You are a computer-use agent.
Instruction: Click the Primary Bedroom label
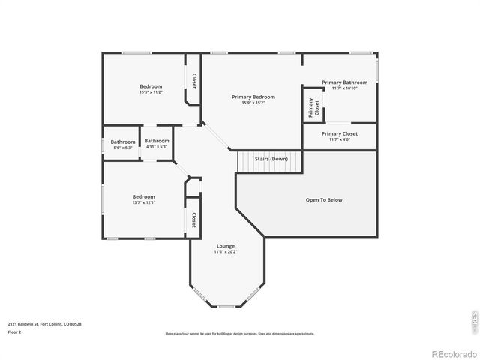(253, 97)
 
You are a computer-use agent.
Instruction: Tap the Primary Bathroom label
(344, 82)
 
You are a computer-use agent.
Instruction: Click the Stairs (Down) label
(271, 159)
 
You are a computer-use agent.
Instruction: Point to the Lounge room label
(226, 246)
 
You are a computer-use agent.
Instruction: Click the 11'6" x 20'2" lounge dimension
(226, 252)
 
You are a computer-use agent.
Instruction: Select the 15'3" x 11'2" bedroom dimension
(150, 92)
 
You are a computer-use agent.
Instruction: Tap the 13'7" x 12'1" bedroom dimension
(144, 202)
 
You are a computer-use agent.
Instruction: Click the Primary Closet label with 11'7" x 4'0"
(340, 133)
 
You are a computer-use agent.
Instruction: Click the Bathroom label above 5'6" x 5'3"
(123, 142)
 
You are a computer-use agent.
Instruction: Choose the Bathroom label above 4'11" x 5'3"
(157, 141)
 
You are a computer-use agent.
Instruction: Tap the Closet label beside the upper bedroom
(193, 80)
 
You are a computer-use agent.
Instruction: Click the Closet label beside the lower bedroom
(193, 220)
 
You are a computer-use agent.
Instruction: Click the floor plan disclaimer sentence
(240, 334)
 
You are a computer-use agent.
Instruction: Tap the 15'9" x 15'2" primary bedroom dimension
(253, 103)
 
